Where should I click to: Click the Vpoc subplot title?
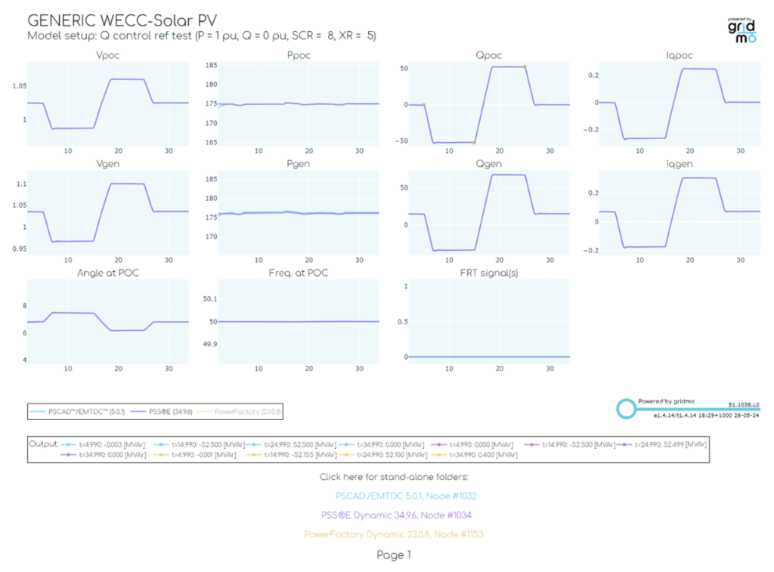(108, 56)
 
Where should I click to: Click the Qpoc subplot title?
(490, 56)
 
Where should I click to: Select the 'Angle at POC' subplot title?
(108, 273)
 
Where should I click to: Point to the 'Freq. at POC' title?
(299, 273)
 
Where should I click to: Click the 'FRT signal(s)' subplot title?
(490, 273)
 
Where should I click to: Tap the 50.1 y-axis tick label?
(208, 299)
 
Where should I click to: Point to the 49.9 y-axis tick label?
(208, 345)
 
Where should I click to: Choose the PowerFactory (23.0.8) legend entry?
(248, 412)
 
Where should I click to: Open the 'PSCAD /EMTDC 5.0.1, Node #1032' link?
(406, 496)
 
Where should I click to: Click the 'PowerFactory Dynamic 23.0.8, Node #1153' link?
(393, 534)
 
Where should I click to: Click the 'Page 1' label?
(394, 555)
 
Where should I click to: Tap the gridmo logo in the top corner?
(741, 30)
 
